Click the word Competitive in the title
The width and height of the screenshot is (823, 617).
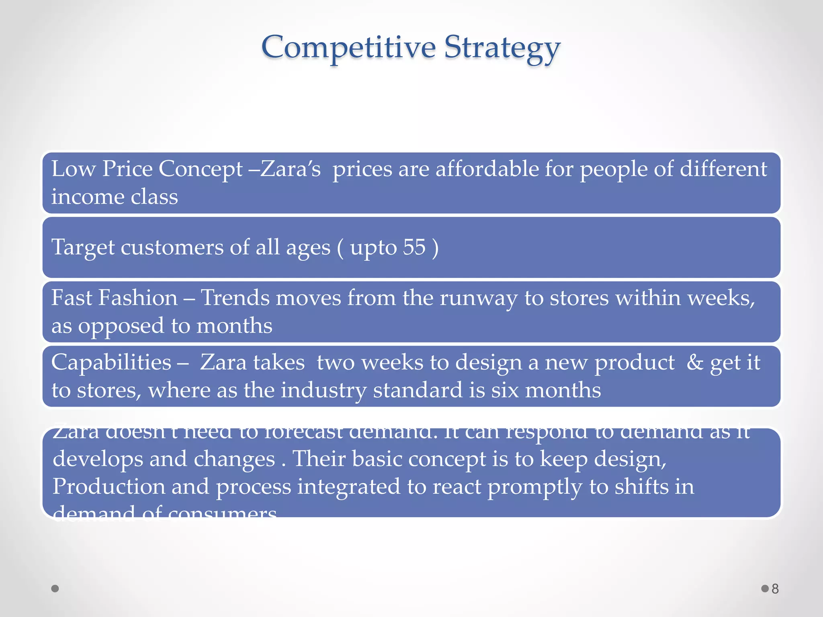click(348, 47)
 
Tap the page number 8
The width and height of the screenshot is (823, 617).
click(775, 589)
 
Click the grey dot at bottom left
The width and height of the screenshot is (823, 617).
click(55, 588)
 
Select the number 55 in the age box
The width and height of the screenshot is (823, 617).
click(414, 247)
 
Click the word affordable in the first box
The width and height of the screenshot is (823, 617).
click(487, 169)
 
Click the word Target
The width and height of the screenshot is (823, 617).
click(83, 247)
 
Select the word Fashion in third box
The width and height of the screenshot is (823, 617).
click(138, 298)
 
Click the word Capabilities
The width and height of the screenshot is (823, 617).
click(111, 363)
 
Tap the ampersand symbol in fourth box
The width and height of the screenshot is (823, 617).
click(694, 362)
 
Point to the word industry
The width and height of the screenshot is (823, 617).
click(323, 391)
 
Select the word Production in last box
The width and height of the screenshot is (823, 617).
click(109, 486)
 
